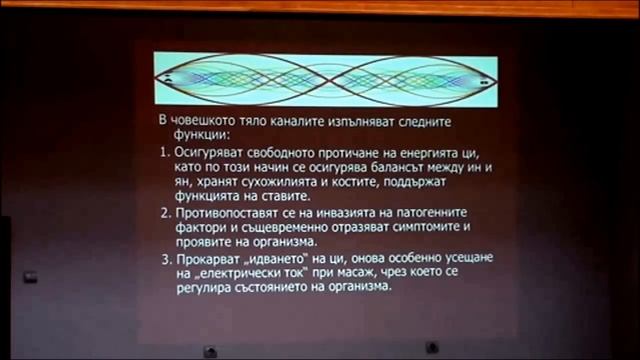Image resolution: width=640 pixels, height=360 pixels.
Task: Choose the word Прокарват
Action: [210, 260]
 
